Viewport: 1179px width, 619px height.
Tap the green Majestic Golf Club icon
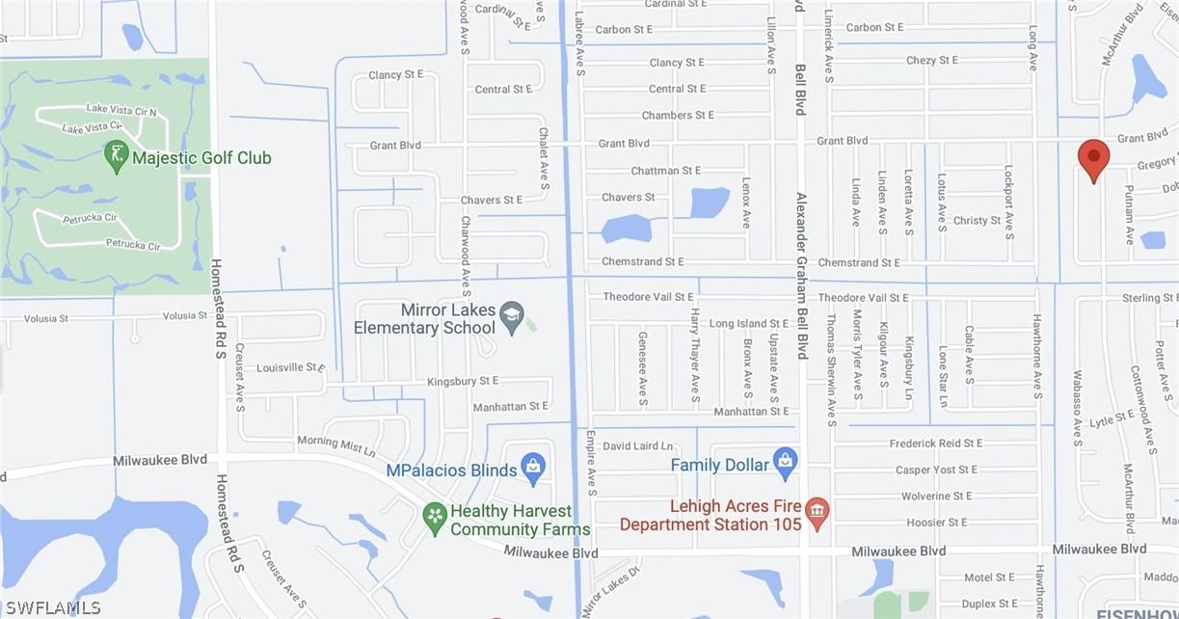117,157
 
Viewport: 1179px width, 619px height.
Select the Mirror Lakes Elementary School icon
511,317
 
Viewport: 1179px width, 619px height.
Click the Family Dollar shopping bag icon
786,464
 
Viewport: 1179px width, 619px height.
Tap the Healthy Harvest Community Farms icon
435,519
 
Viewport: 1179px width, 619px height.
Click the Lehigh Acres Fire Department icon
817,513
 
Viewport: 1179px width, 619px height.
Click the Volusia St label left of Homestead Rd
35,317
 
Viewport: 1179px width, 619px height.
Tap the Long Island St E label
749,324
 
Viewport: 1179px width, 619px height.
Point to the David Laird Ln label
637,446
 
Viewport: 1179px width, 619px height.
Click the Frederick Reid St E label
935,444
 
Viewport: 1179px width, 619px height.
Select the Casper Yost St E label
938,471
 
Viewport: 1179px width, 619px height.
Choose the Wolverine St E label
936,497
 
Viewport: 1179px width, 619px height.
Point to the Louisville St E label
291,367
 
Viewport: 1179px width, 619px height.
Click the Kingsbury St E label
463,382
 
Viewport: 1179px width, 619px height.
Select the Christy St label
977,221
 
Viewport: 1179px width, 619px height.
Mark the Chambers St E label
680,116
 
